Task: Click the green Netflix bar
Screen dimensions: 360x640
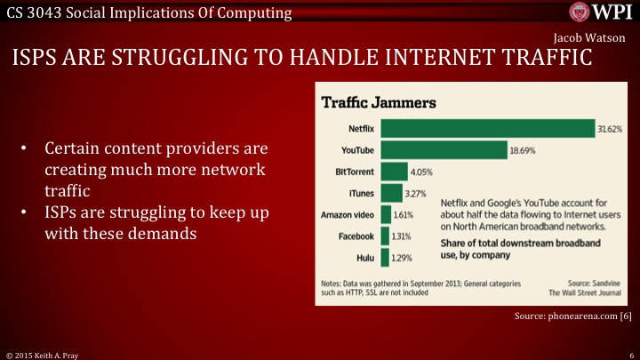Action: coord(487,128)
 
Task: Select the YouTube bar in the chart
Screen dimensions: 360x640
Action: coord(444,149)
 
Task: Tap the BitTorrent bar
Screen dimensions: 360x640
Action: coord(393,171)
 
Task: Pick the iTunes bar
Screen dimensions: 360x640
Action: coord(391,193)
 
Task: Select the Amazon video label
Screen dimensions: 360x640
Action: coord(348,214)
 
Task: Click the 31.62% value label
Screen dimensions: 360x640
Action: coord(611,128)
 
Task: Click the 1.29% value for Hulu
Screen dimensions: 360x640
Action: coord(404,257)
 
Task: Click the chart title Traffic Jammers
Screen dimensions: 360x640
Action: coord(378,102)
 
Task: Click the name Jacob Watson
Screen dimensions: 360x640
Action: coord(589,40)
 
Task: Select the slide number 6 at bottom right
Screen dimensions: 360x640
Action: coord(629,353)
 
